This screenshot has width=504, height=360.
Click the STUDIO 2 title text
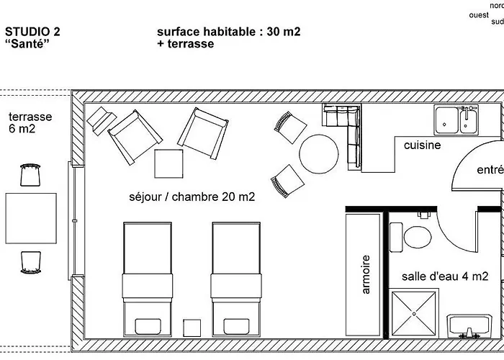[32, 32]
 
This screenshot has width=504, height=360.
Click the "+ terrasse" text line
[185, 44]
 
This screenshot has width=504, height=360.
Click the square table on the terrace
[31, 218]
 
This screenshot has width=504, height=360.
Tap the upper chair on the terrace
[30, 174]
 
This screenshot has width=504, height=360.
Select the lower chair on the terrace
[30, 261]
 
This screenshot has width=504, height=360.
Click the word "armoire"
[366, 274]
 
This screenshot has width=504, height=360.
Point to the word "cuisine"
[422, 145]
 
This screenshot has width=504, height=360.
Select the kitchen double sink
[456, 119]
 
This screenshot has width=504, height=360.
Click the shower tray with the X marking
[414, 312]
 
